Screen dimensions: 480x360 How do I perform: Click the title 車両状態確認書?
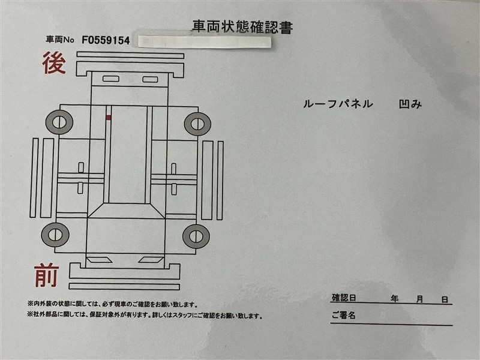242,27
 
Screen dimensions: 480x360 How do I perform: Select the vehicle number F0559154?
106,40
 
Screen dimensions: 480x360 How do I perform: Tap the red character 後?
54,63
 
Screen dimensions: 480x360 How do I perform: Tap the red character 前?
47,275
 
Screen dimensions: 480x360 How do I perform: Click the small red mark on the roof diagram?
109,117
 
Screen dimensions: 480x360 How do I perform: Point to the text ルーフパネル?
338,104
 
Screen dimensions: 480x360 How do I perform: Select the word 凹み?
410,104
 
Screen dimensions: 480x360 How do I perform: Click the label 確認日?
344,298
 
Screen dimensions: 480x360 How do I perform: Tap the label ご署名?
343,315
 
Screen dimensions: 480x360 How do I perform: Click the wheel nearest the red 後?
59,122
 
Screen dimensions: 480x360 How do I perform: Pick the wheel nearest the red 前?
55,235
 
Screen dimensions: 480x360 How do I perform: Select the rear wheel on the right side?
197,124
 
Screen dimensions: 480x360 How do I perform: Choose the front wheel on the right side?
196,236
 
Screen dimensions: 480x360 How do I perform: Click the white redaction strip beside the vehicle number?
205,42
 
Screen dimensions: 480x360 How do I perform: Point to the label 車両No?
60,40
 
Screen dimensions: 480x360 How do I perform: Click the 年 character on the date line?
395,298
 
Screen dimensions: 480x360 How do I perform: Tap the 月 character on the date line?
419,299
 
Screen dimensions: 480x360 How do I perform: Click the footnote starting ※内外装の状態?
112,304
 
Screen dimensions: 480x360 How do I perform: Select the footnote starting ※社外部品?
145,316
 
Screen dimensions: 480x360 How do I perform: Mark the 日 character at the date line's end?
445,299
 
